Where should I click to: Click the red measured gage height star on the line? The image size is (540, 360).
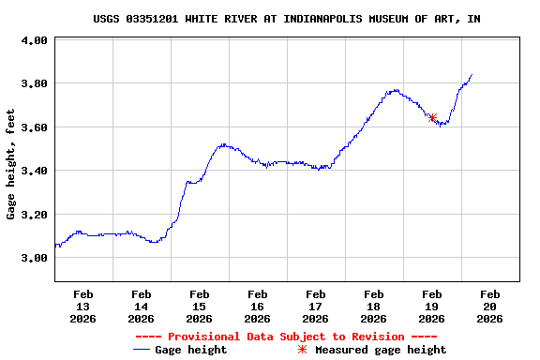click(432, 118)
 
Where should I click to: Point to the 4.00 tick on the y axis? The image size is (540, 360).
click(34, 40)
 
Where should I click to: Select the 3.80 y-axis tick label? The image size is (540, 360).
click(34, 83)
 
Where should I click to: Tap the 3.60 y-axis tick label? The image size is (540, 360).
click(34, 127)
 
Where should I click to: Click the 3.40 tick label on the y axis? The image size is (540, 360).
click(34, 171)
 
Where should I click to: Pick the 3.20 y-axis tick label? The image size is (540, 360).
click(34, 215)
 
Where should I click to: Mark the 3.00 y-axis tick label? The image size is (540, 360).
click(34, 258)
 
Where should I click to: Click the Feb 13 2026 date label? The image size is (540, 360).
click(82, 306)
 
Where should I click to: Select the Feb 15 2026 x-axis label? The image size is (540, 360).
click(199, 306)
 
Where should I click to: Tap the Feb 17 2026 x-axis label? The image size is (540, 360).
click(315, 306)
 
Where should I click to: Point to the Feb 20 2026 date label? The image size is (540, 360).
click(489, 306)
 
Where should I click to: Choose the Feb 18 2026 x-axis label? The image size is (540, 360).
click(373, 306)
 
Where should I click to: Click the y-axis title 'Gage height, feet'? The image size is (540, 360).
click(11, 164)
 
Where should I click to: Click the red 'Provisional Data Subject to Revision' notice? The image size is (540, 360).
click(286, 337)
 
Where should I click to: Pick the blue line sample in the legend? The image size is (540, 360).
click(142, 350)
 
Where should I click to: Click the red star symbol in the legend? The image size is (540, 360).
click(302, 350)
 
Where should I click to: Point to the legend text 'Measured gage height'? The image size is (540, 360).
click(381, 350)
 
